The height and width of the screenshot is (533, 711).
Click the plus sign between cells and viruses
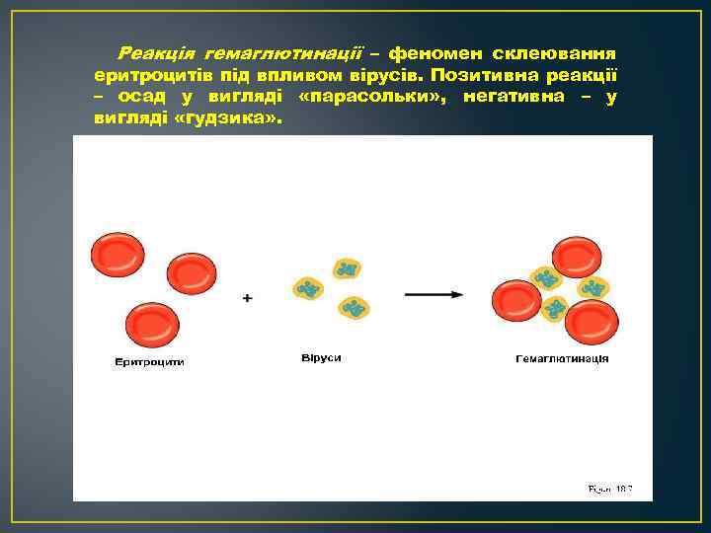247,297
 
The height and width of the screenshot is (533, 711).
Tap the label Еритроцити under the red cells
150,362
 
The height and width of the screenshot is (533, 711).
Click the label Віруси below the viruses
321,356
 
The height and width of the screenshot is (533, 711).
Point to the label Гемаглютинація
562,358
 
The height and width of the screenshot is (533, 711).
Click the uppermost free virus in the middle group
347,267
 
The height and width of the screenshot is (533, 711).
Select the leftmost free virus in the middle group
309,288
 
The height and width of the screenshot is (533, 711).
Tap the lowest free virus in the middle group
354,308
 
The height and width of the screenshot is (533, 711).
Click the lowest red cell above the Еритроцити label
152,325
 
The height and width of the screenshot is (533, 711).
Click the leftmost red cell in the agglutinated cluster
515,300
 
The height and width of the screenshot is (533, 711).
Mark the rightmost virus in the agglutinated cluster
593,288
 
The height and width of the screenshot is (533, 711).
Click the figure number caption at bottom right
609,488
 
